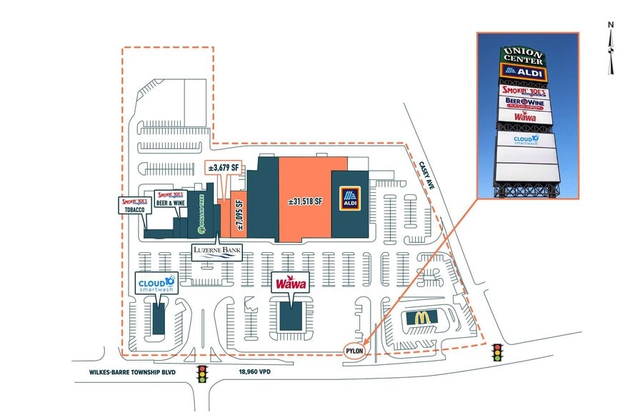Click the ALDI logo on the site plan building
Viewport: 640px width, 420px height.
tap(350, 199)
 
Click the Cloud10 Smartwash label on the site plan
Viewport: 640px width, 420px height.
tap(156, 284)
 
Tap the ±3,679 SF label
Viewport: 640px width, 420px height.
tap(222, 167)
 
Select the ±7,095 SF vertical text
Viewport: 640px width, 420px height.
tap(239, 212)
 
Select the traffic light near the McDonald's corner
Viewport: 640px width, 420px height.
tap(496, 353)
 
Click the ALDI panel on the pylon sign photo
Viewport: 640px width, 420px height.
tap(524, 73)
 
